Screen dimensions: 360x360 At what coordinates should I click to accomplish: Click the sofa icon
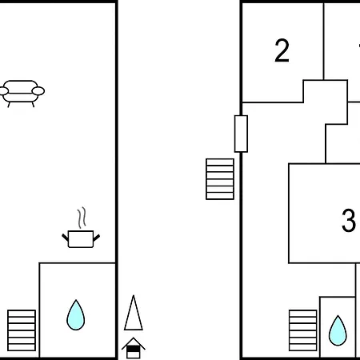tap(22, 94)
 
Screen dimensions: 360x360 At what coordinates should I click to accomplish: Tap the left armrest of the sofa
tap(3, 91)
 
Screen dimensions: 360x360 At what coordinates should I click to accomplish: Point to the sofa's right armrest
tap(38, 91)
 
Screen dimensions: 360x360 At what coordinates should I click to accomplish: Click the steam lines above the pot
tap(82, 218)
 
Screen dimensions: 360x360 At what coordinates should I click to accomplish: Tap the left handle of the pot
tap(66, 238)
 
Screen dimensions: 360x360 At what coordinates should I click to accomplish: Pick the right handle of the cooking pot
tap(97, 238)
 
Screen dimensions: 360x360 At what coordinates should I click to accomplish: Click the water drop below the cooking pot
tap(76, 315)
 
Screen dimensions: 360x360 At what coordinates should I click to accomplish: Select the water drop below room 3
tap(338, 331)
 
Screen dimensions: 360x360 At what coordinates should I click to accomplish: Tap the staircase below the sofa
tap(22, 330)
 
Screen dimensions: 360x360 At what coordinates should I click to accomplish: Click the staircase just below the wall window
tap(220, 179)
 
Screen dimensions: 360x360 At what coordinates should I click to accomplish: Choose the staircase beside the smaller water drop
tap(303, 330)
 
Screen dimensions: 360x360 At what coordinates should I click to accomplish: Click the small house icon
tap(134, 348)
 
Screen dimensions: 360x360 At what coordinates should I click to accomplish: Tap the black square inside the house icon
tap(134, 349)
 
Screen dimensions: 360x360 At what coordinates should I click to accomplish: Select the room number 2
tap(282, 50)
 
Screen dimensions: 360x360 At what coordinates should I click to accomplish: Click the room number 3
tap(349, 220)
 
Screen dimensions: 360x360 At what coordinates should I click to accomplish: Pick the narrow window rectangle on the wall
tap(241, 134)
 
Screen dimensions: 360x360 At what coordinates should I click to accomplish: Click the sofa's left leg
tap(9, 105)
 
